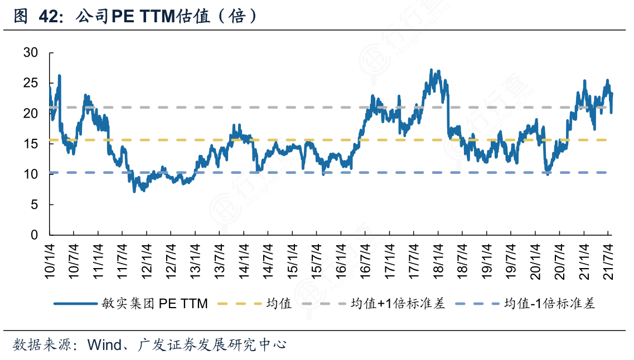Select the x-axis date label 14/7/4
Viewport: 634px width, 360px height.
(268, 260)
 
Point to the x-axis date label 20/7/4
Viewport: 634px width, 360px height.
(559, 260)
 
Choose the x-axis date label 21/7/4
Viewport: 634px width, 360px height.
(608, 260)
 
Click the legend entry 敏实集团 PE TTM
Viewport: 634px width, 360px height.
(154, 304)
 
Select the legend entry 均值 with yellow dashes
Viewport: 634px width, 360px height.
(279, 304)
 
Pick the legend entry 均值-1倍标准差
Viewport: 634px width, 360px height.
(549, 304)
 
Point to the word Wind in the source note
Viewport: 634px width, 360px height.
(105, 345)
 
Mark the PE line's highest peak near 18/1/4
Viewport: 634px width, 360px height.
(431, 70)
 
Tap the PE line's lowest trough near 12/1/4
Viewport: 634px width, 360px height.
(134, 192)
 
